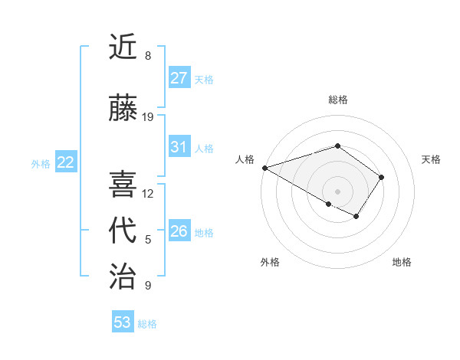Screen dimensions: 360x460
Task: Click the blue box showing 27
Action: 179,78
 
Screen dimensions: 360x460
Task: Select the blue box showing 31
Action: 179,148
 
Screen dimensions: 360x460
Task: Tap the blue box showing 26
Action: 179,231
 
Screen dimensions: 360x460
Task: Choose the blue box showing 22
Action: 65,162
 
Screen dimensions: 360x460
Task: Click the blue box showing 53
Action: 122,322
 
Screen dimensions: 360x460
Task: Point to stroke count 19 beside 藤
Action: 149,116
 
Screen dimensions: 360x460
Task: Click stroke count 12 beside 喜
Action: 149,193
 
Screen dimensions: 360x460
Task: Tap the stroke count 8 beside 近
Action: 148,56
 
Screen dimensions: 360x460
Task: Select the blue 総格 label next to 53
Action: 147,324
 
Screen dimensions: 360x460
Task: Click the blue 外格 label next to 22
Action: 41,163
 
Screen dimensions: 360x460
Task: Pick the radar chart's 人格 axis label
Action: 245,159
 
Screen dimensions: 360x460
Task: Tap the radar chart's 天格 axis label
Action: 431,159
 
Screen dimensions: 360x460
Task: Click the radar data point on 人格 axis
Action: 264,168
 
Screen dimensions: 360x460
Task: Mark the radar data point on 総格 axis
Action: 337,146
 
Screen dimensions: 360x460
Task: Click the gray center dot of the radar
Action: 337,191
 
